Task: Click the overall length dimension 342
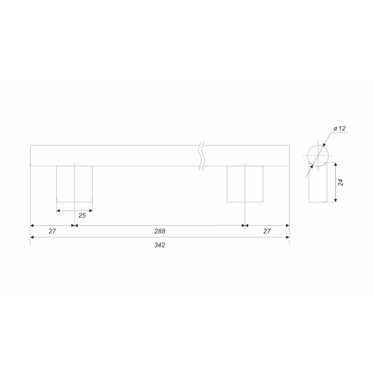tap(159, 245)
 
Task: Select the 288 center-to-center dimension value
tap(159, 231)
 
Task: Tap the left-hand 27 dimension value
tap(52, 231)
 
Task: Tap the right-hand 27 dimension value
tap(267, 231)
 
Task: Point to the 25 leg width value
tap(82, 215)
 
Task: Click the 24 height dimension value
tap(341, 182)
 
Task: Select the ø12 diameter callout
tap(339, 129)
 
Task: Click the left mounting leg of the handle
tap(75, 184)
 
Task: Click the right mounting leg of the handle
tap(245, 184)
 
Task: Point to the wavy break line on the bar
tap(202, 156)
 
